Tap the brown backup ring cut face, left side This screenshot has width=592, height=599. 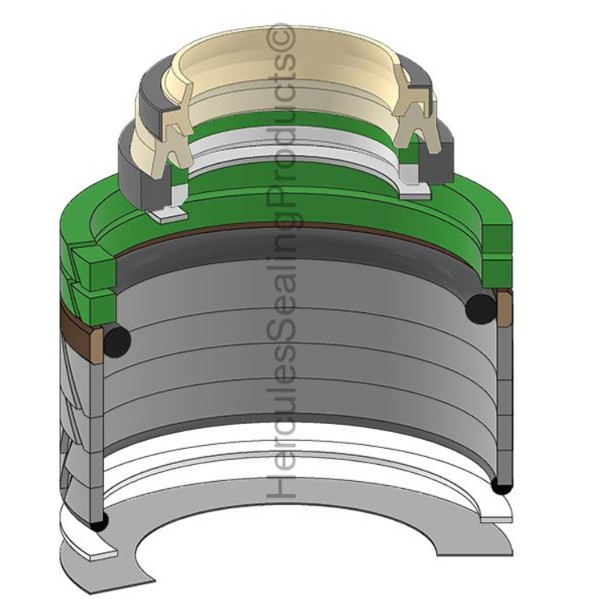[x=98, y=342]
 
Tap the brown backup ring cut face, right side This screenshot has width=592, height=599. [x=504, y=309]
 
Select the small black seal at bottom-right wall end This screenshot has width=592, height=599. [x=501, y=486]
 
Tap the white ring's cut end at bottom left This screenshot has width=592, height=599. [x=92, y=553]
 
